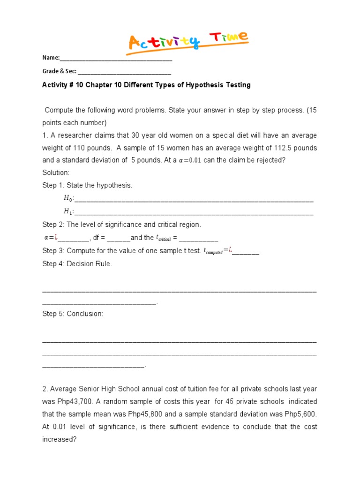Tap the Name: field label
point(51,58)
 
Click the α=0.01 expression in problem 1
point(190,160)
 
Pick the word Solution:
point(56,172)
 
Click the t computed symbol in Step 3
point(212,251)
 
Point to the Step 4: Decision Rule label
point(77,264)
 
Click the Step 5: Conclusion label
point(73,314)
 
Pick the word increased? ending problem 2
point(59,440)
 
